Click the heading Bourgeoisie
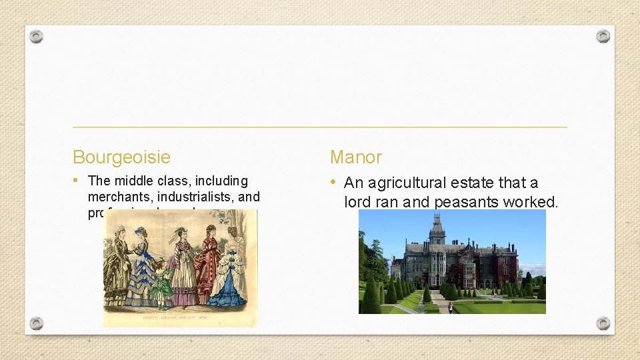pyautogui.click(x=121, y=157)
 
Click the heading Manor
pyautogui.click(x=356, y=157)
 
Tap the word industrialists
pyautogui.click(x=195, y=197)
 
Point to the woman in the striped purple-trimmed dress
pyautogui.click(x=182, y=267)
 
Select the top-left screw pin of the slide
pyautogui.click(x=36, y=36)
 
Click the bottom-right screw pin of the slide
pyautogui.click(x=603, y=323)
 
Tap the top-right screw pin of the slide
pyautogui.click(x=603, y=36)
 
